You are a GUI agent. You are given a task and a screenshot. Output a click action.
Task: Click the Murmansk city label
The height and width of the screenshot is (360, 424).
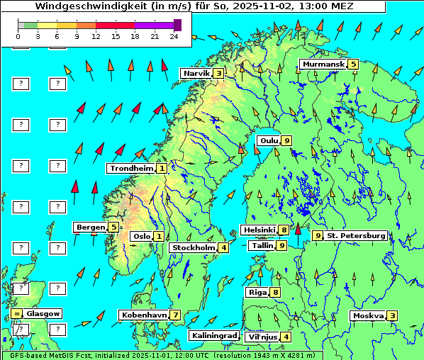(x=323, y=64)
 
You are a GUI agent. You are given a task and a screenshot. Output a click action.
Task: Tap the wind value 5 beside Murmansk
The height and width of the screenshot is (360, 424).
(x=353, y=64)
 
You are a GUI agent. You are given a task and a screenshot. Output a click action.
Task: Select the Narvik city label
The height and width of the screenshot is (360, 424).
(x=197, y=73)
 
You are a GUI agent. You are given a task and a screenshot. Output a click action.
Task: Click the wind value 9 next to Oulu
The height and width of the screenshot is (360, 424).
(x=286, y=140)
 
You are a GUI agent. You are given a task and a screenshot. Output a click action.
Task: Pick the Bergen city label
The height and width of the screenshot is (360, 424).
(x=91, y=227)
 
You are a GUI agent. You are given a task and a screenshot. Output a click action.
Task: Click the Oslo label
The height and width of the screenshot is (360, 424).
(x=141, y=236)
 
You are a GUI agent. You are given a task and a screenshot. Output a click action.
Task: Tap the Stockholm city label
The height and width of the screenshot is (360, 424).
(x=193, y=247)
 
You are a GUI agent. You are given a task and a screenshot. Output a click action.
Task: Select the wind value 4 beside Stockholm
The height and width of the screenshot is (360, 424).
(x=223, y=247)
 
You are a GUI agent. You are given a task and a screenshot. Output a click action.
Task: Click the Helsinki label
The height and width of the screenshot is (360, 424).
(x=259, y=230)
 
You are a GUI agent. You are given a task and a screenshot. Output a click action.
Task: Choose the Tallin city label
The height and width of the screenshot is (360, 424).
(x=263, y=245)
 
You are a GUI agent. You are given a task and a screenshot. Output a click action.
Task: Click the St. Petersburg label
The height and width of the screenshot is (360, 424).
(x=355, y=235)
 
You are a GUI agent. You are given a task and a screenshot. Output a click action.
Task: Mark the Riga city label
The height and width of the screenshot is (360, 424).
(x=257, y=292)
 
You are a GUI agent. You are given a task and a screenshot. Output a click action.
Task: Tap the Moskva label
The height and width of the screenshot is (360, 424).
(x=368, y=316)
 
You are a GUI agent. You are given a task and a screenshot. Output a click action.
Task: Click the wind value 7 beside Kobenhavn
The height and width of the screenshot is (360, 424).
(x=175, y=315)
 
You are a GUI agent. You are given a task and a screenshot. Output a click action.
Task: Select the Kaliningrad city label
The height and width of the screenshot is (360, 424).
(x=213, y=335)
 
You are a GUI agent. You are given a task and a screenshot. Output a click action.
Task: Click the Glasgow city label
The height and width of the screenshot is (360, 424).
(x=43, y=313)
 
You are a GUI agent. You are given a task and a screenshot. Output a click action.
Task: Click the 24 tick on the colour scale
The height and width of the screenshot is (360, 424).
(x=174, y=35)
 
